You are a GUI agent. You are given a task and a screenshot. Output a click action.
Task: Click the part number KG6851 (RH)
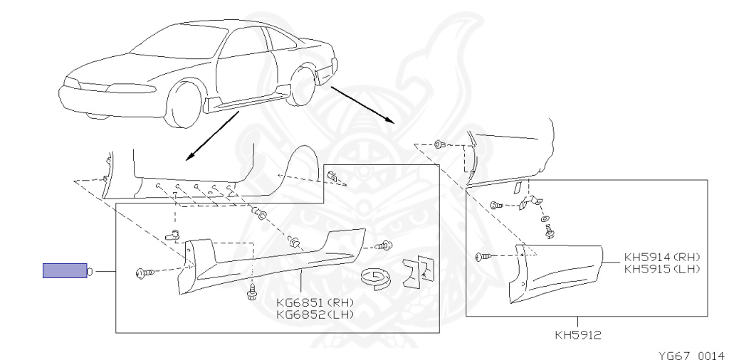pos(315,302)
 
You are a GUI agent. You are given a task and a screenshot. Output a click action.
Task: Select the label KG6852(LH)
pos(315,313)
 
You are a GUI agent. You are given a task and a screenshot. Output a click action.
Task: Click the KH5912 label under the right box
pos(577,332)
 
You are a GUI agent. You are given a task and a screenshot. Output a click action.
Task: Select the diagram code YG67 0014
pos(691,354)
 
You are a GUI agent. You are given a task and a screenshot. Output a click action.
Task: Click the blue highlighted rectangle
pos(64,271)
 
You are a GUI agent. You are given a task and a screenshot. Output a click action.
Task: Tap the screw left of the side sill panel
pos(142,272)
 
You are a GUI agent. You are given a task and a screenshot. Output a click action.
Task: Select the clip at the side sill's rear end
pos(384,246)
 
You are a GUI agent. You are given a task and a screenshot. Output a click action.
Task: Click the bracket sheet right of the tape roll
pos(416,270)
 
